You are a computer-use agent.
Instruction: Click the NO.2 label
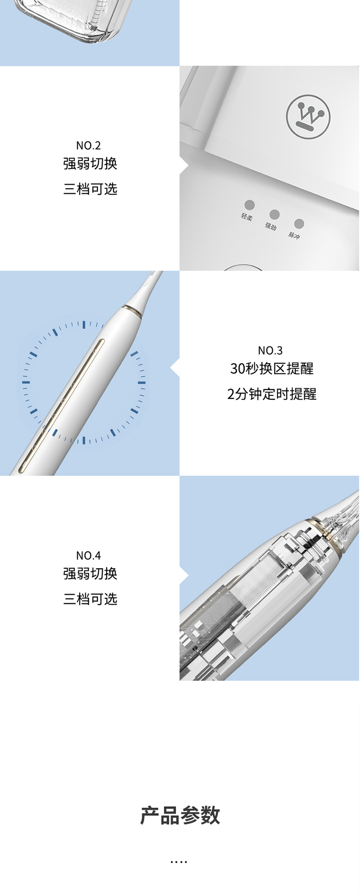[88, 145]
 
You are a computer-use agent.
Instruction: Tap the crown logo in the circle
[309, 117]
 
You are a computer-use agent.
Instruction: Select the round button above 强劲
[275, 214]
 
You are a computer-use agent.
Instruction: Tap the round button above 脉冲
[299, 224]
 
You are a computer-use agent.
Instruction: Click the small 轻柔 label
[247, 217]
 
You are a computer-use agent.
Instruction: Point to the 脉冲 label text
[294, 235]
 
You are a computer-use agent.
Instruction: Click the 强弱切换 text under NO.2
[90, 164]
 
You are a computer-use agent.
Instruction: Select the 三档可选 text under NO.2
[90, 189]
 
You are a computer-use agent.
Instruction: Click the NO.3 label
[270, 351]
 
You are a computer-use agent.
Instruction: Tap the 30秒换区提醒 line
[272, 369]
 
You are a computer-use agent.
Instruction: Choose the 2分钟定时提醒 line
[272, 394]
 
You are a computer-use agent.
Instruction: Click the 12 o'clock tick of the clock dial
[84, 325]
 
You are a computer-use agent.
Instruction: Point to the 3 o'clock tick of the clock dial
[142, 382]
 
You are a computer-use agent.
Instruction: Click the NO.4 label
[88, 556]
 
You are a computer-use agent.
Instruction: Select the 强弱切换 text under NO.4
[90, 573]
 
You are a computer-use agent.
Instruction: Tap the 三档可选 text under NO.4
[90, 599]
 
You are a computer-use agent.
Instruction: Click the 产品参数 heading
[180, 815]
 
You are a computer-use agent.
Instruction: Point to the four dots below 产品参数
[179, 862]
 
